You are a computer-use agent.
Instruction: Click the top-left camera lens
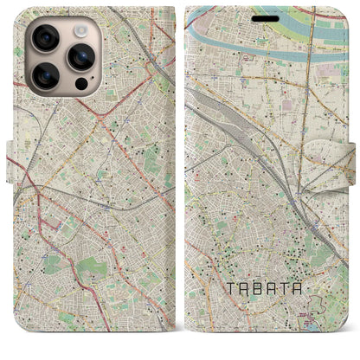click(44, 37)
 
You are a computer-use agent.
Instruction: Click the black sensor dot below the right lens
click(80, 85)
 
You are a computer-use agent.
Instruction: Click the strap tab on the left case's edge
click(13, 161)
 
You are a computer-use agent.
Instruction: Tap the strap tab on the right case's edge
click(347, 161)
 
